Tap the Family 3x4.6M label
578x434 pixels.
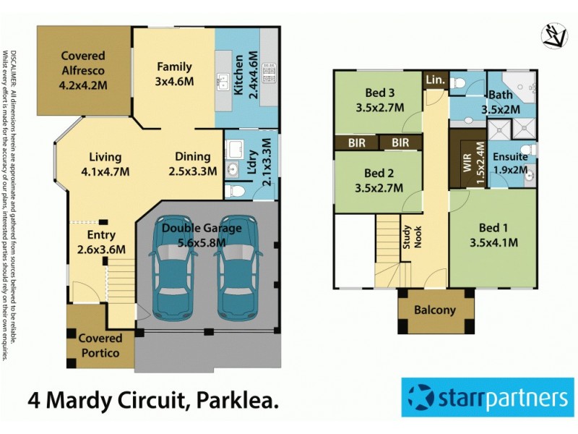tap(175, 74)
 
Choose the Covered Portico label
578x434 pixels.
tap(99, 345)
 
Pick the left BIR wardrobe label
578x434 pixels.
tap(357, 143)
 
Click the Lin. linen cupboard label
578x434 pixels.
tap(434, 80)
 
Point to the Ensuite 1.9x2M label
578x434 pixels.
tap(510, 163)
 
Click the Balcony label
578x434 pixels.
tap(435, 310)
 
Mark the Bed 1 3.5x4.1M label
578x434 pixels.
tap(494, 235)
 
